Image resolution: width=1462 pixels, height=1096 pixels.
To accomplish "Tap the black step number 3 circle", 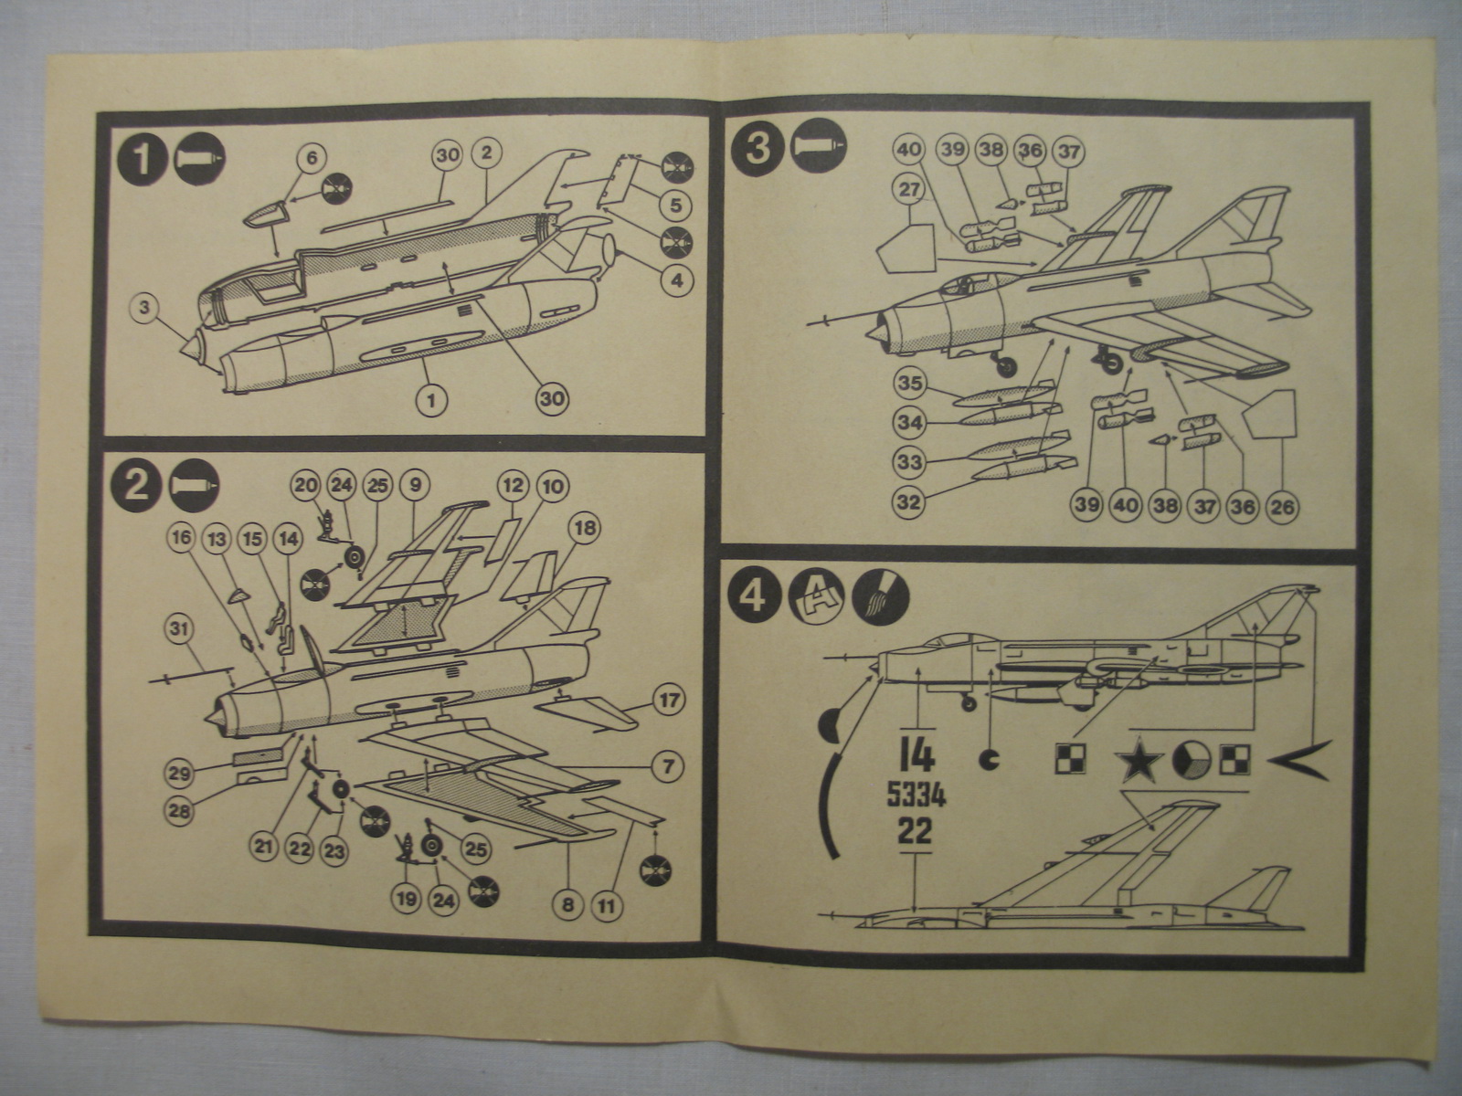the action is (757, 147).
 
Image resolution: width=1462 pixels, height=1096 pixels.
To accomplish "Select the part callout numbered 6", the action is (311, 158).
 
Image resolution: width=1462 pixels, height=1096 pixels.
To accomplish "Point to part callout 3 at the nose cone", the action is (143, 308).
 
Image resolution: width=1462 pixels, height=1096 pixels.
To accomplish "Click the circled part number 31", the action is (181, 628).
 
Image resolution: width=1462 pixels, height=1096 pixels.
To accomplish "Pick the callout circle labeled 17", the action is (669, 701).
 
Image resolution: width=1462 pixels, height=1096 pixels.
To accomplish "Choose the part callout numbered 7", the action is (668, 764).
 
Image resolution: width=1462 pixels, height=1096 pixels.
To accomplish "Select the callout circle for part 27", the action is (907, 190).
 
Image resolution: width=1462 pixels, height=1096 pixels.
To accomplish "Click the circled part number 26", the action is (1282, 505).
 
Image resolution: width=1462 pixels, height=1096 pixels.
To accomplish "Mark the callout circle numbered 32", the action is (909, 501).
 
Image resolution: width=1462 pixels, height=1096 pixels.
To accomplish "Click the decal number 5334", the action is (916, 796).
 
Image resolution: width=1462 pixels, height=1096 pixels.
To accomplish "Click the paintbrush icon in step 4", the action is (881, 598).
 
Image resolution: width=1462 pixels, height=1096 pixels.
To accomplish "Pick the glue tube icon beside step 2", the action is (195, 484).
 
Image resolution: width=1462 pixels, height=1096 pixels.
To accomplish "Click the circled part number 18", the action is (585, 527).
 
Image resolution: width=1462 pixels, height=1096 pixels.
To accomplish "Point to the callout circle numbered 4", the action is (676, 280).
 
